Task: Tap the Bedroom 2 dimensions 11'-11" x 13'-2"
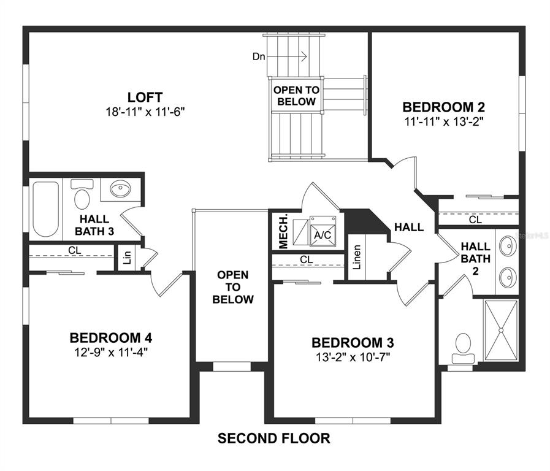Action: click(444, 121)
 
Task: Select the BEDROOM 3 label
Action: click(353, 343)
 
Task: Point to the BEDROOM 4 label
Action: click(111, 338)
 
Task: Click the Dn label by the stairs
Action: click(259, 56)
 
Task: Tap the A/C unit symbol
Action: click(323, 231)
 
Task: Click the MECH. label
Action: click(283, 231)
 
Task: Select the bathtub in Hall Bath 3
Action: click(45, 209)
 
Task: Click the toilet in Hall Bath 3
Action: click(82, 194)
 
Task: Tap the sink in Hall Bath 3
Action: click(120, 189)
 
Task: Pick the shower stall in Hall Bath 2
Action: click(501, 331)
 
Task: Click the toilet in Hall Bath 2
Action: click(463, 348)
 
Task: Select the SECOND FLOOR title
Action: click(274, 438)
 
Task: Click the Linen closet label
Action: click(357, 257)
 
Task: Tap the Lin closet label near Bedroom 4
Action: click(128, 258)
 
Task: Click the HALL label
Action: click(409, 228)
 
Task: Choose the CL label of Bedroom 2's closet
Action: click(476, 220)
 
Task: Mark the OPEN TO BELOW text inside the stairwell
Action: click(296, 96)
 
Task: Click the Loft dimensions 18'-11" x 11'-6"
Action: click(145, 112)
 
